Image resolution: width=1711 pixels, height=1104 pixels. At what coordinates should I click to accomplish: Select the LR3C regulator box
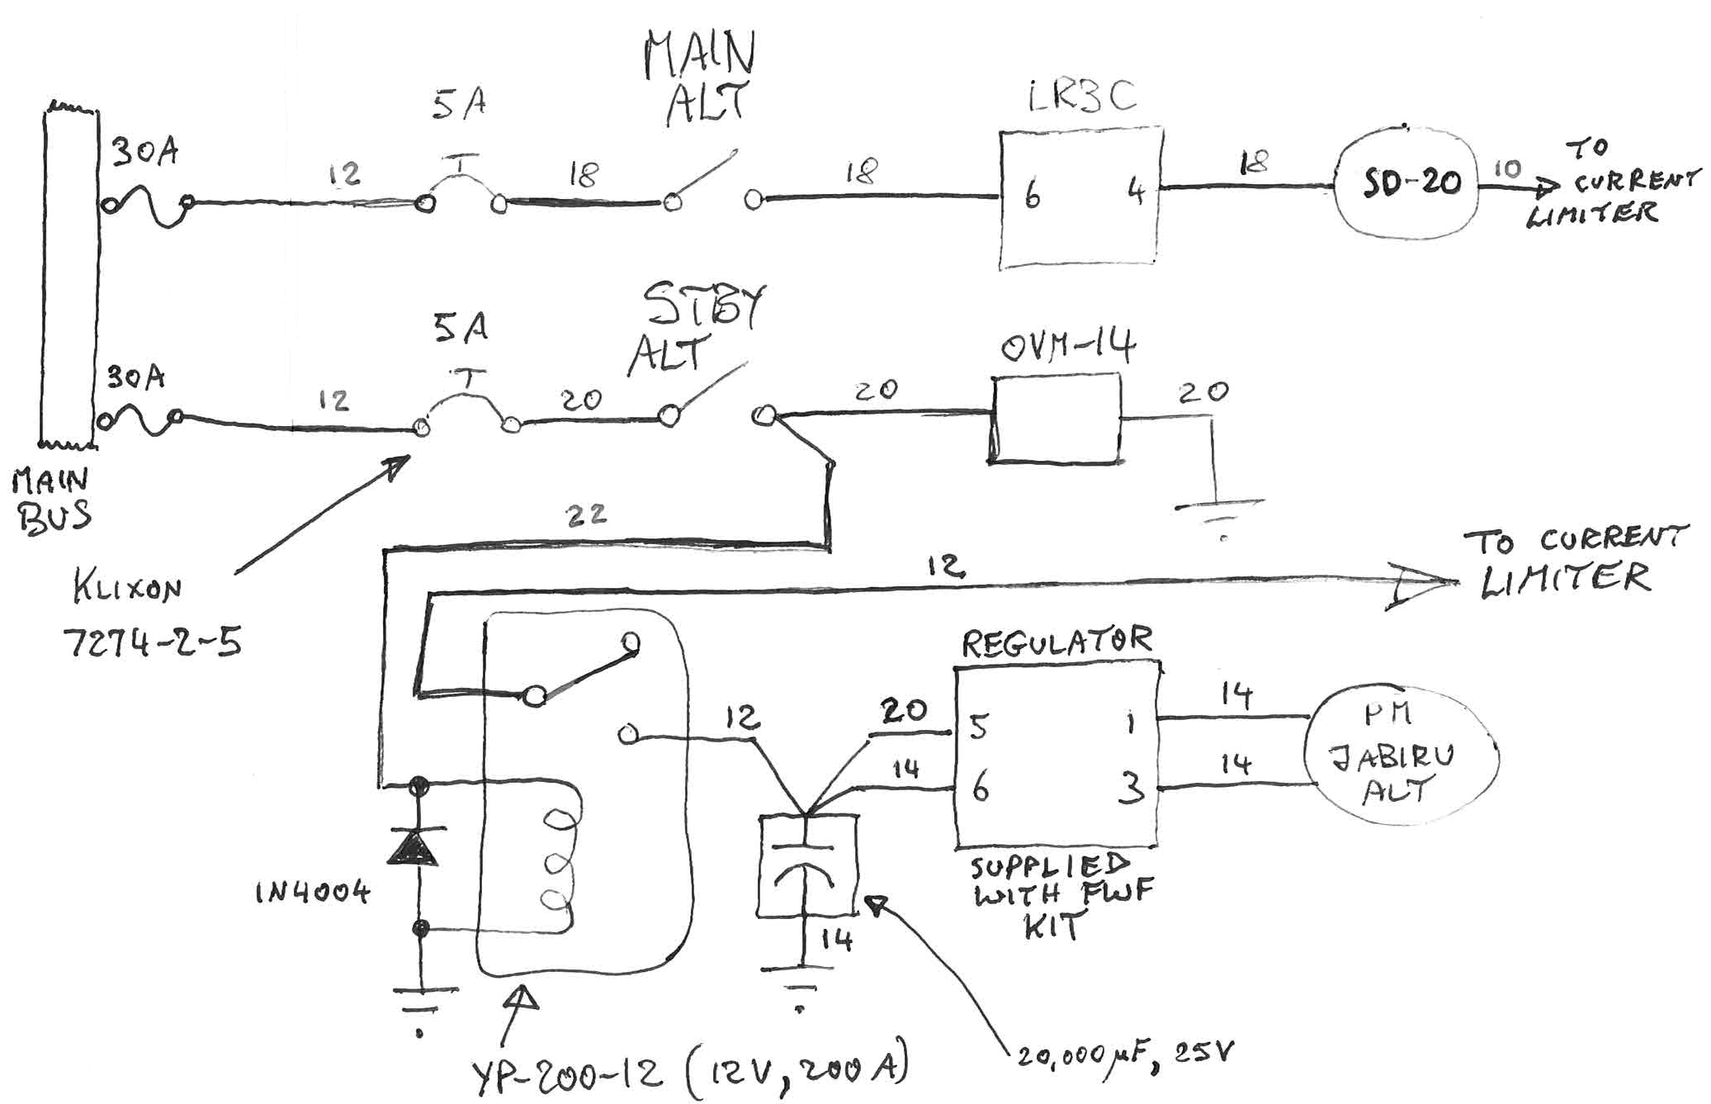[x=1080, y=197]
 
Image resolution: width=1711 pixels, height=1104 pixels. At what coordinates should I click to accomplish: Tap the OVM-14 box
[x=1056, y=419]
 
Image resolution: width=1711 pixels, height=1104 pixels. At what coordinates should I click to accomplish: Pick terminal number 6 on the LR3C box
[x=1032, y=196]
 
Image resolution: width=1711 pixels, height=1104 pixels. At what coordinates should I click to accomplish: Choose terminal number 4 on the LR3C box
[x=1136, y=193]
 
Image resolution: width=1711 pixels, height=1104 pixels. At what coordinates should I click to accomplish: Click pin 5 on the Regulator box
[x=979, y=727]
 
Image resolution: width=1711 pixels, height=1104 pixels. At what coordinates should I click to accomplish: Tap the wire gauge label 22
[x=586, y=515]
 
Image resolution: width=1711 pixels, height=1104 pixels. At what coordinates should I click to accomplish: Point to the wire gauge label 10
[x=1507, y=168]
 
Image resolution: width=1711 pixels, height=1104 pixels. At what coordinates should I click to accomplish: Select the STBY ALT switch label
[x=697, y=330]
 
